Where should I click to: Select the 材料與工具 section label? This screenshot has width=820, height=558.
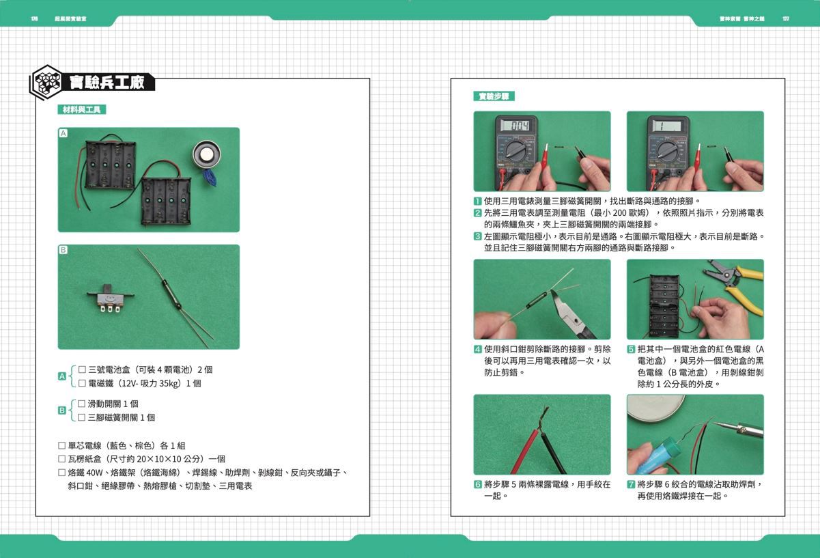pos(81,109)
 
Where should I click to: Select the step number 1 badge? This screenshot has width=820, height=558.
pos(478,201)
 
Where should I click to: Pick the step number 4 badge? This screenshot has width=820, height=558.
pos(478,349)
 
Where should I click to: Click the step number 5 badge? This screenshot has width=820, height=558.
pos(631,349)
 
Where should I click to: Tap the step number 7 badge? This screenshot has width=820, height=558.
pos(631,484)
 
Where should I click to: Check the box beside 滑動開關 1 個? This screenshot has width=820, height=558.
pos(82,404)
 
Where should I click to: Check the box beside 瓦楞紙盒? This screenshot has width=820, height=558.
pos(62,459)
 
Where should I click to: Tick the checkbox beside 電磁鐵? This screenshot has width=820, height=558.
pos(82,383)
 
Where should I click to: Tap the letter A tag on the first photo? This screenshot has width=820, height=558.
pos(63,134)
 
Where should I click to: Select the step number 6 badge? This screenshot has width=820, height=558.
pos(478,484)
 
